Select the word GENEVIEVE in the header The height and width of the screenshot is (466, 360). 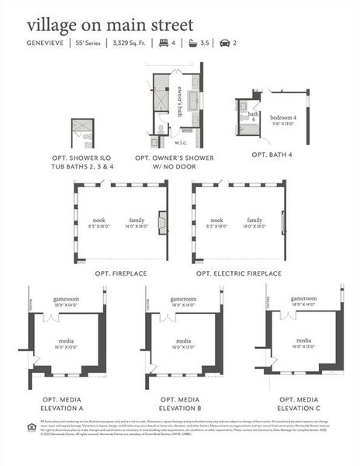[x=44, y=43]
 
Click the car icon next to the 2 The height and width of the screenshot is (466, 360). [x=225, y=43]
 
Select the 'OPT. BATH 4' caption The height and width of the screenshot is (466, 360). [x=272, y=155]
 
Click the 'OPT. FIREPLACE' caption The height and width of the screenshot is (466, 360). [x=120, y=273]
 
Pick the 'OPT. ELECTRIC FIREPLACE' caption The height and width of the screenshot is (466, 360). [x=238, y=273]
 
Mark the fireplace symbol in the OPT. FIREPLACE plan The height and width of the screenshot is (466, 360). [x=162, y=223]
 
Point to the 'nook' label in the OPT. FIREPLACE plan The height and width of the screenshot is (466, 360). [x=99, y=220]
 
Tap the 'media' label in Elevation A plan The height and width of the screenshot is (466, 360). [x=66, y=341]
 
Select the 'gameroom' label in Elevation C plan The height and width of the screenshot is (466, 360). [x=303, y=298]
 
